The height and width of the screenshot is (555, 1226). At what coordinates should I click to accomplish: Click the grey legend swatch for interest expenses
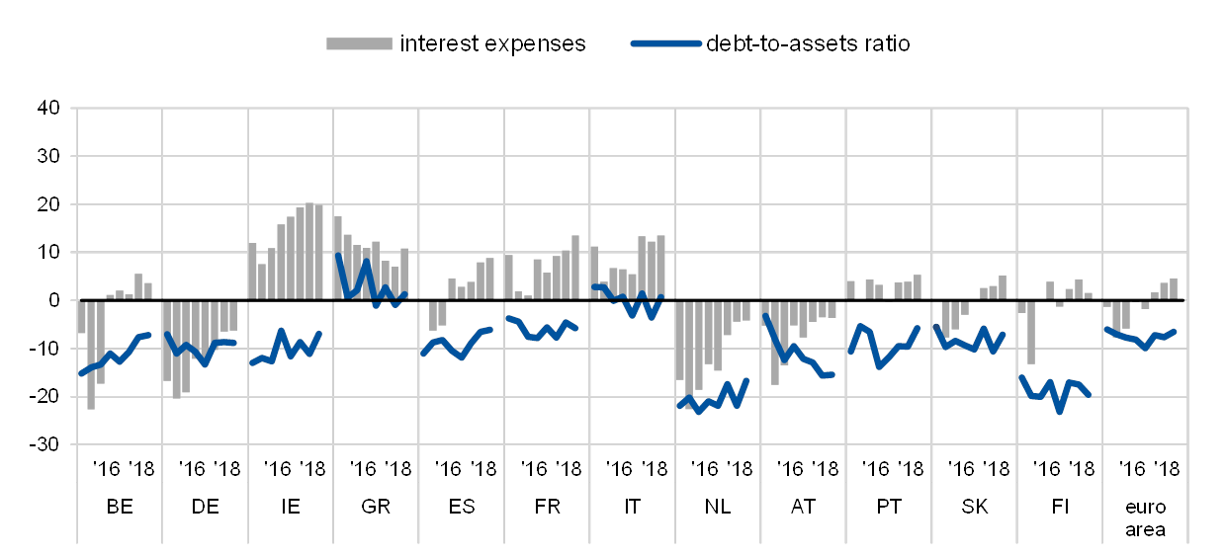tap(359, 43)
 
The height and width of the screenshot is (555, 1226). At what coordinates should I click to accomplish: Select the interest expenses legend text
tap(495, 43)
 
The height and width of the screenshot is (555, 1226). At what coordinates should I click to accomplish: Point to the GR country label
tap(376, 507)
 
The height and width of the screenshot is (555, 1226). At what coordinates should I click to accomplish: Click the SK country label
tap(974, 507)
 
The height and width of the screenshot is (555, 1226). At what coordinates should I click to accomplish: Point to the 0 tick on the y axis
tap(55, 300)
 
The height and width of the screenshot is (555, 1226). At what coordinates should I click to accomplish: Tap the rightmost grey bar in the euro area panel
tap(1174, 288)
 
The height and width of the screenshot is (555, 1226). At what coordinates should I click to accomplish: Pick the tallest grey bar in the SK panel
tap(1003, 287)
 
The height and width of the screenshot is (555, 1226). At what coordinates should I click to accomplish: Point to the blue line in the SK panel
tap(974, 344)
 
